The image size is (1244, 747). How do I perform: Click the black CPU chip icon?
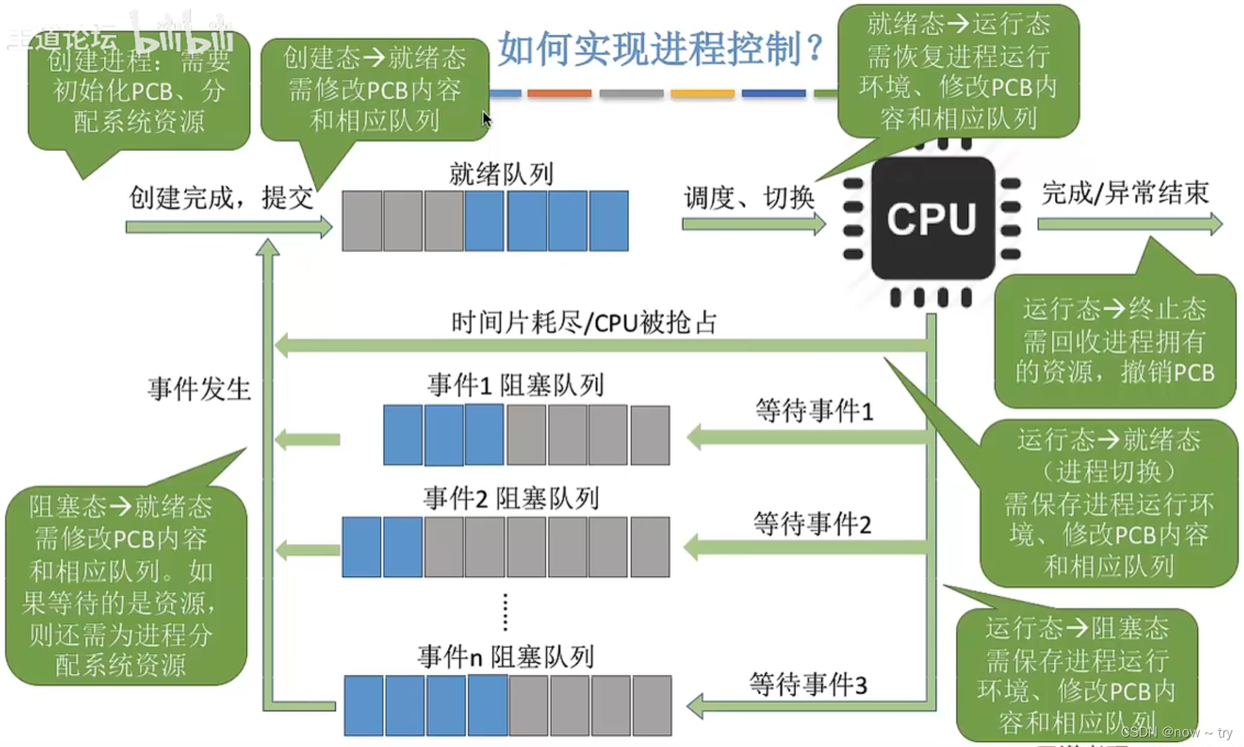tap(932, 218)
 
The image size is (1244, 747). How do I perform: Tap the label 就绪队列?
tap(501, 174)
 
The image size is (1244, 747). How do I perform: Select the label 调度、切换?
tap(748, 197)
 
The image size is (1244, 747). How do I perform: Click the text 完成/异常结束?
tap(1125, 193)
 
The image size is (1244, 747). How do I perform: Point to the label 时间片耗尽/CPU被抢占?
tap(584, 323)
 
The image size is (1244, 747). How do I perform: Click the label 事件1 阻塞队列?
tap(515, 385)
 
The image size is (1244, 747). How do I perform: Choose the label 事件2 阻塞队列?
tap(511, 498)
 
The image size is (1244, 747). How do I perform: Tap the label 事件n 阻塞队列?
tap(505, 657)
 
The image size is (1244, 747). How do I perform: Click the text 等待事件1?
tap(814, 411)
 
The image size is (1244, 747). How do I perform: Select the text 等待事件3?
tap(808, 685)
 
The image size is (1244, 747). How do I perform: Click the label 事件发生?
tap(199, 389)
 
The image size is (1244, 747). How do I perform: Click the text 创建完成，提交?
tap(221, 197)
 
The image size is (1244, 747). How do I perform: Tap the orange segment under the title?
tap(559, 94)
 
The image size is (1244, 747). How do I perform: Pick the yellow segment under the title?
tap(702, 94)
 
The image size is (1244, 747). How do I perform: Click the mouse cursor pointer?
tap(487, 119)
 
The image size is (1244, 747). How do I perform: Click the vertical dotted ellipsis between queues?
tap(505, 612)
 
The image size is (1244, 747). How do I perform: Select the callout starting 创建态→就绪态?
tap(375, 89)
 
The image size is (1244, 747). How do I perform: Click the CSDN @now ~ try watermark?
tap(1176, 732)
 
